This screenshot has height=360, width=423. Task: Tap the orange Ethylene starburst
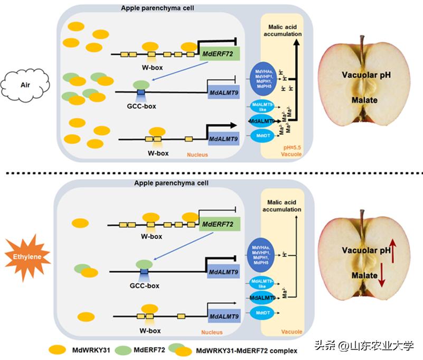(x=26, y=257)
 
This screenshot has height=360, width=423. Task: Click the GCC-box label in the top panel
(x=141, y=105)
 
